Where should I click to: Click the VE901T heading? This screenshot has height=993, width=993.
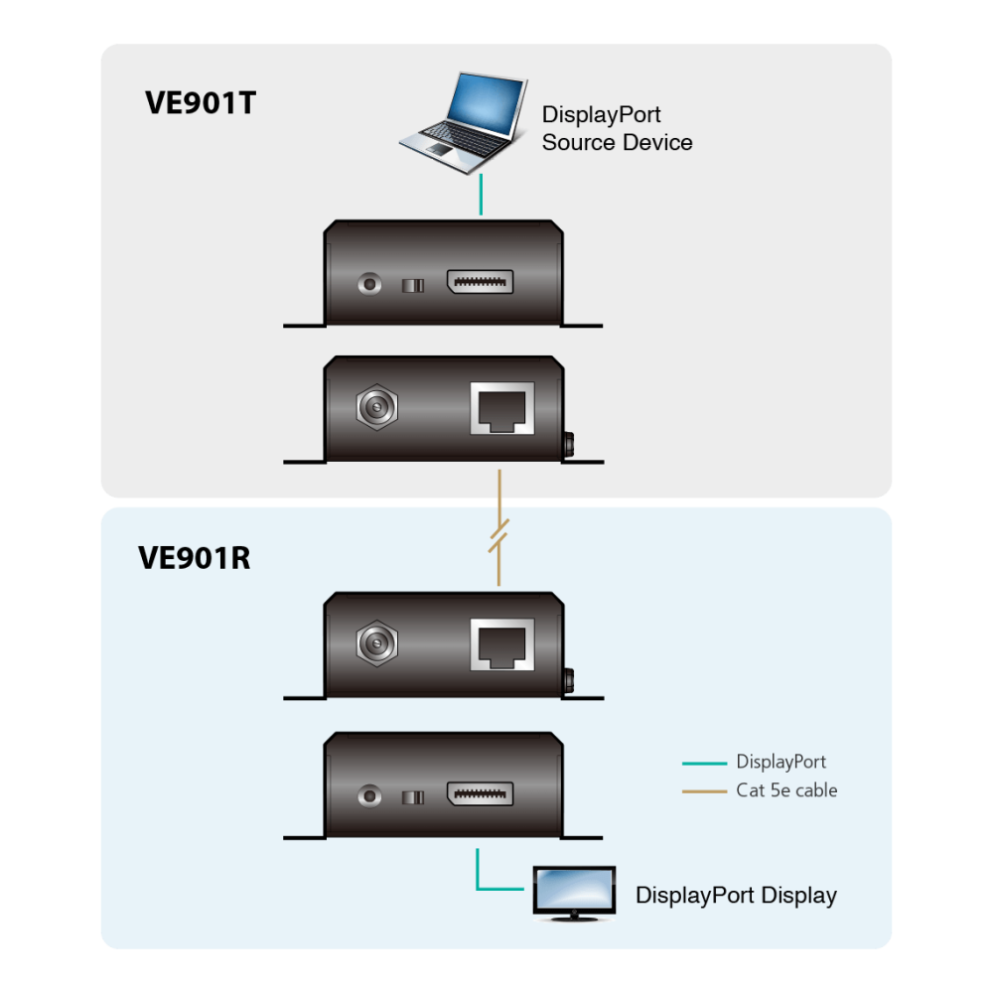[x=201, y=103]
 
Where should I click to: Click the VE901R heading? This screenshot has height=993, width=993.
[x=195, y=558]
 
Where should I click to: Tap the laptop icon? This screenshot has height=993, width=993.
[x=464, y=123]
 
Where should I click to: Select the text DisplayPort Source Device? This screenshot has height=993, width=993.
[x=617, y=128]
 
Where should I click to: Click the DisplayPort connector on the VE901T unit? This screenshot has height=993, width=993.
[x=480, y=282]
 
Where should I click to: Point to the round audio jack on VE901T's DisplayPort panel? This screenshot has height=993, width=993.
[x=369, y=283]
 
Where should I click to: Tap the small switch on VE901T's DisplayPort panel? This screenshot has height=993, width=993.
[x=413, y=286]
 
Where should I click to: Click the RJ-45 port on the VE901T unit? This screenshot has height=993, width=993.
[x=502, y=408]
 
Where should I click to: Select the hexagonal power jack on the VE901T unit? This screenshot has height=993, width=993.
[x=376, y=406]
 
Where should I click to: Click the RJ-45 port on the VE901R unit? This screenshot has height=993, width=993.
[x=502, y=644]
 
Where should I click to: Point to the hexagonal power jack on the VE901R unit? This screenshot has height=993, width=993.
[x=376, y=643]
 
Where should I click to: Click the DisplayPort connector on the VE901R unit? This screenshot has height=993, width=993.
[x=480, y=793]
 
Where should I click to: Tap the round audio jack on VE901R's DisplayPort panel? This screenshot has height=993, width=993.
[x=369, y=795]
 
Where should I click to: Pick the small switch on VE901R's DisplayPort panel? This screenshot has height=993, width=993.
[x=413, y=797]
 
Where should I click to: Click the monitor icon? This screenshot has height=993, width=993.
[x=574, y=893]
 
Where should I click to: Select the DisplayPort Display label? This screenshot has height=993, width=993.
[x=736, y=896]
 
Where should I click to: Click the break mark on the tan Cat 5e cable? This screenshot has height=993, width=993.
[x=499, y=536]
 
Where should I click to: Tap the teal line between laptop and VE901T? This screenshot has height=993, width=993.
[x=482, y=195]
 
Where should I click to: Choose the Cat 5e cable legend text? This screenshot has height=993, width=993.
[x=786, y=790]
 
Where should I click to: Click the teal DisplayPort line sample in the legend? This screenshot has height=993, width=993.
[x=704, y=763]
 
